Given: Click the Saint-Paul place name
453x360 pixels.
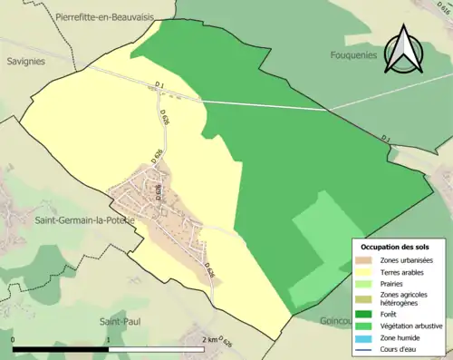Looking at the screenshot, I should (118, 321).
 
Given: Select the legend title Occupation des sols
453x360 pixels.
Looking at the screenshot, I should (397, 247).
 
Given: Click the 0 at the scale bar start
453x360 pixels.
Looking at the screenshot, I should (14, 340).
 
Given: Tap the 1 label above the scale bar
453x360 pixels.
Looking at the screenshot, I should (109, 340).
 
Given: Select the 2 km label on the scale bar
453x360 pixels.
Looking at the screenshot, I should (208, 340).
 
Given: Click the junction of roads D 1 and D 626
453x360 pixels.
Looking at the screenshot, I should (153, 88).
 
